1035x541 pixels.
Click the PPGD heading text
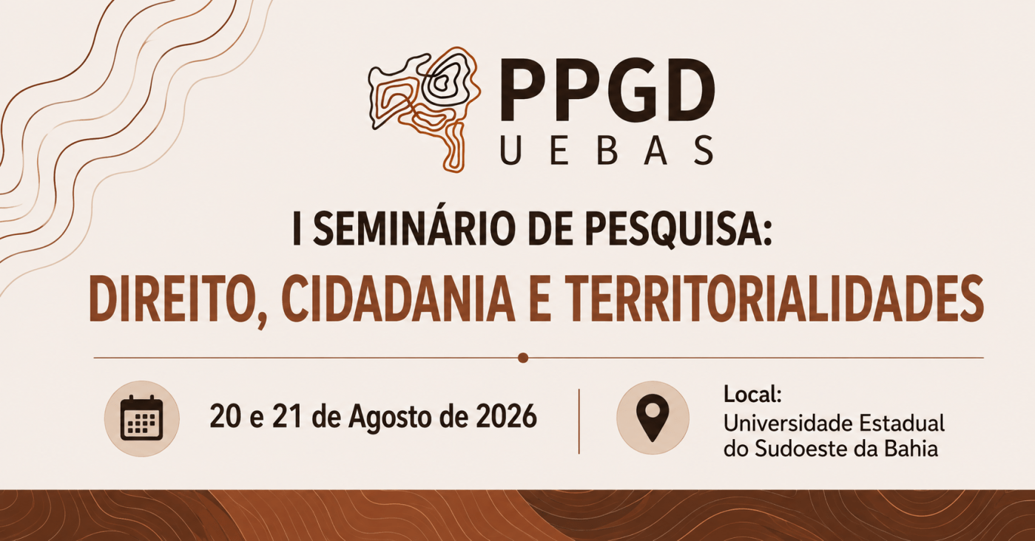click(607, 90)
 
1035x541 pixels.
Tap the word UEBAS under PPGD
click(607, 150)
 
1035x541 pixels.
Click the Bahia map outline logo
click(425, 109)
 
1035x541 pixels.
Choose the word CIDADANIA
click(398, 299)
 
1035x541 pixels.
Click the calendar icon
click(141, 418)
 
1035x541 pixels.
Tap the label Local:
click(752, 395)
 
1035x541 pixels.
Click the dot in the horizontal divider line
click(523, 358)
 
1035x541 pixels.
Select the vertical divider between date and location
click(579, 421)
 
